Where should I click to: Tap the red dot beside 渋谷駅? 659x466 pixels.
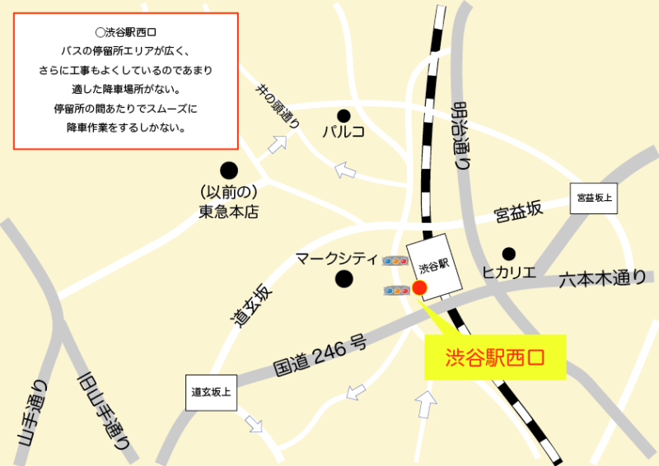(419, 287)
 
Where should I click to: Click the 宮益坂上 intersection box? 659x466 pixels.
(595, 198)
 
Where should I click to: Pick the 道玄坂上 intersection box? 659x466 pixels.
(209, 392)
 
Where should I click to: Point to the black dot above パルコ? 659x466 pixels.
(344, 114)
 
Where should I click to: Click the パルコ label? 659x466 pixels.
(344, 131)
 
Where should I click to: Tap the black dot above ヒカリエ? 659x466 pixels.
(509, 254)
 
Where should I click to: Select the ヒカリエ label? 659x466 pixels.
(509, 272)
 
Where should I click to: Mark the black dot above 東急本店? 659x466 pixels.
(229, 170)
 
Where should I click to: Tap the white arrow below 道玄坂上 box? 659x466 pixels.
(254, 424)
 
